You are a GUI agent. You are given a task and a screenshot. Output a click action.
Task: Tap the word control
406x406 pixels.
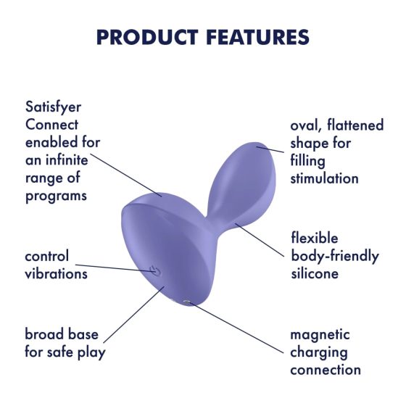pyautogui.click(x=47, y=256)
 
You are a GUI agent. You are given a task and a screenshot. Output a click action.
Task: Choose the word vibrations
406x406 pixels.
pyautogui.click(x=56, y=273)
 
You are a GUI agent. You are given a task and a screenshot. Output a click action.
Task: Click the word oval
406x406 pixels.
pyautogui.click(x=305, y=125)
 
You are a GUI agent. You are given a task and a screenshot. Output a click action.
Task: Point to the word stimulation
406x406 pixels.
pyautogui.click(x=324, y=178)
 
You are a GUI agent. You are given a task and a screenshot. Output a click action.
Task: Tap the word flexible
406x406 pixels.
pyautogui.click(x=314, y=238)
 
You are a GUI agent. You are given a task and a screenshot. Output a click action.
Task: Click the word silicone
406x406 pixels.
pyautogui.click(x=315, y=273)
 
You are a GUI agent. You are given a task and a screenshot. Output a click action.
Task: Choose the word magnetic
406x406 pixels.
pyautogui.click(x=320, y=335)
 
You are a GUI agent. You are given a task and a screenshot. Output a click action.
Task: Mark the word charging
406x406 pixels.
pyautogui.click(x=319, y=352)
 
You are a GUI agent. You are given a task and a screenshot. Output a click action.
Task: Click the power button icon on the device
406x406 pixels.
pyautogui.click(x=154, y=270)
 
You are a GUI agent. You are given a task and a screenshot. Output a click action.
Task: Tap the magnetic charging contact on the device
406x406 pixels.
pyautogui.click(x=188, y=302)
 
